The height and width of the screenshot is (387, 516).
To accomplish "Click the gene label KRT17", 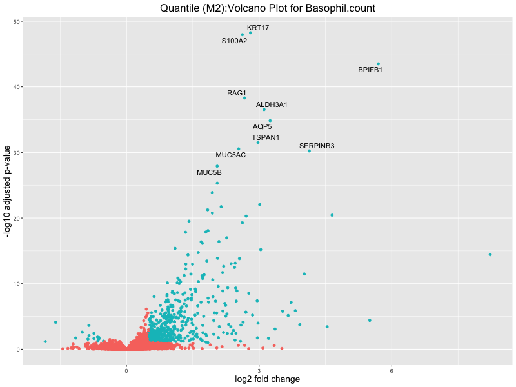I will coord(258,28).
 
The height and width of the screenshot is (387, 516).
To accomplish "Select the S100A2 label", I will coord(234,41).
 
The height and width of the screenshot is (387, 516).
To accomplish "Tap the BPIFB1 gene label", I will coord(370,70).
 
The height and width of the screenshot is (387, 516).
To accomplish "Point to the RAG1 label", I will coord(237,94).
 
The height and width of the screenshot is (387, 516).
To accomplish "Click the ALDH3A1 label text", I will coord(272,104).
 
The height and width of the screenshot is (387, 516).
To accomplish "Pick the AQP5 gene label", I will coord(262,126).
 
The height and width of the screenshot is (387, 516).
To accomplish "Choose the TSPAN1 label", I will coord(266,137).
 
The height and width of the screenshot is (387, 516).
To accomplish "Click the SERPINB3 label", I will coord(317,146).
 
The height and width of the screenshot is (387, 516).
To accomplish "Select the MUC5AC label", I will coord(230,155).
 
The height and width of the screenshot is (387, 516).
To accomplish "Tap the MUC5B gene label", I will coord(209,173).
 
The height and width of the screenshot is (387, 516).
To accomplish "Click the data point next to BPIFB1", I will coord(379,64).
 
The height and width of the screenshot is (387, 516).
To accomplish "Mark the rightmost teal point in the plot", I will coord(490,255).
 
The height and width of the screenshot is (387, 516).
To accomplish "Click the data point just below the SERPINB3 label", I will coord(309,151).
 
